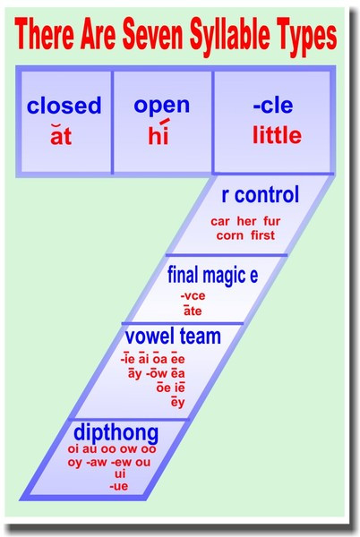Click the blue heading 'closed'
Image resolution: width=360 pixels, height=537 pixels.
[64, 106]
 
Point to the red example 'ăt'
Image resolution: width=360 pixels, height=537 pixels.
[61, 137]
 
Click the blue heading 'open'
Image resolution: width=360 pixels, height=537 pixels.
[161, 105]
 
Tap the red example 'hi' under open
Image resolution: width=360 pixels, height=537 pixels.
[159, 136]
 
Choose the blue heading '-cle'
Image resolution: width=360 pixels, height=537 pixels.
[273, 106]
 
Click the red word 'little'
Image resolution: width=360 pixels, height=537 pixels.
[277, 137]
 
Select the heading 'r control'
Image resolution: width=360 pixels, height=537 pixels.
[260, 195]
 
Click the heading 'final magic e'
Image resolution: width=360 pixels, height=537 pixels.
[213, 275]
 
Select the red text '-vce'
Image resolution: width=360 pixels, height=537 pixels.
[192, 296]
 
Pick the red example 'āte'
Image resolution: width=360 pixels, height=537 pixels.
[192, 311]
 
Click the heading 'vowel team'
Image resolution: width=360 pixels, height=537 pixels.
[171, 337]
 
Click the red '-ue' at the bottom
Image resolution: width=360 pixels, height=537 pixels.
[118, 486]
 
